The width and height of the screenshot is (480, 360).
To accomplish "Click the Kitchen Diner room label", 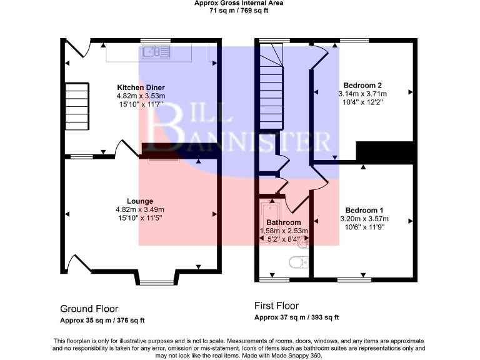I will (141, 87).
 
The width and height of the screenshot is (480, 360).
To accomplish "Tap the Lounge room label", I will (141, 201).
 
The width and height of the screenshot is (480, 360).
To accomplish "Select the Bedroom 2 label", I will (362, 85).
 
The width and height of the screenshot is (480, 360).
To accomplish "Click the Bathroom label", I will (284, 222).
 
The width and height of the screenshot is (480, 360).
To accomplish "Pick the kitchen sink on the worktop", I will (151, 53).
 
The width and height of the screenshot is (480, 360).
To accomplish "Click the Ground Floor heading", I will (89, 309).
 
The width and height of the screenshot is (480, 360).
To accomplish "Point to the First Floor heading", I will (276, 306).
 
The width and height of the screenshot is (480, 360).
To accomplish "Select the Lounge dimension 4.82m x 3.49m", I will (141, 209).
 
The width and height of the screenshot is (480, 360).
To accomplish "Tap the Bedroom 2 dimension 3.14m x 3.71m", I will (362, 94).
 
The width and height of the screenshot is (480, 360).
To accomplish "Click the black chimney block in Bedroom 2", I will (385, 152).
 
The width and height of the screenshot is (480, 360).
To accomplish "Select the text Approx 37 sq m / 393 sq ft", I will (296, 317).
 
